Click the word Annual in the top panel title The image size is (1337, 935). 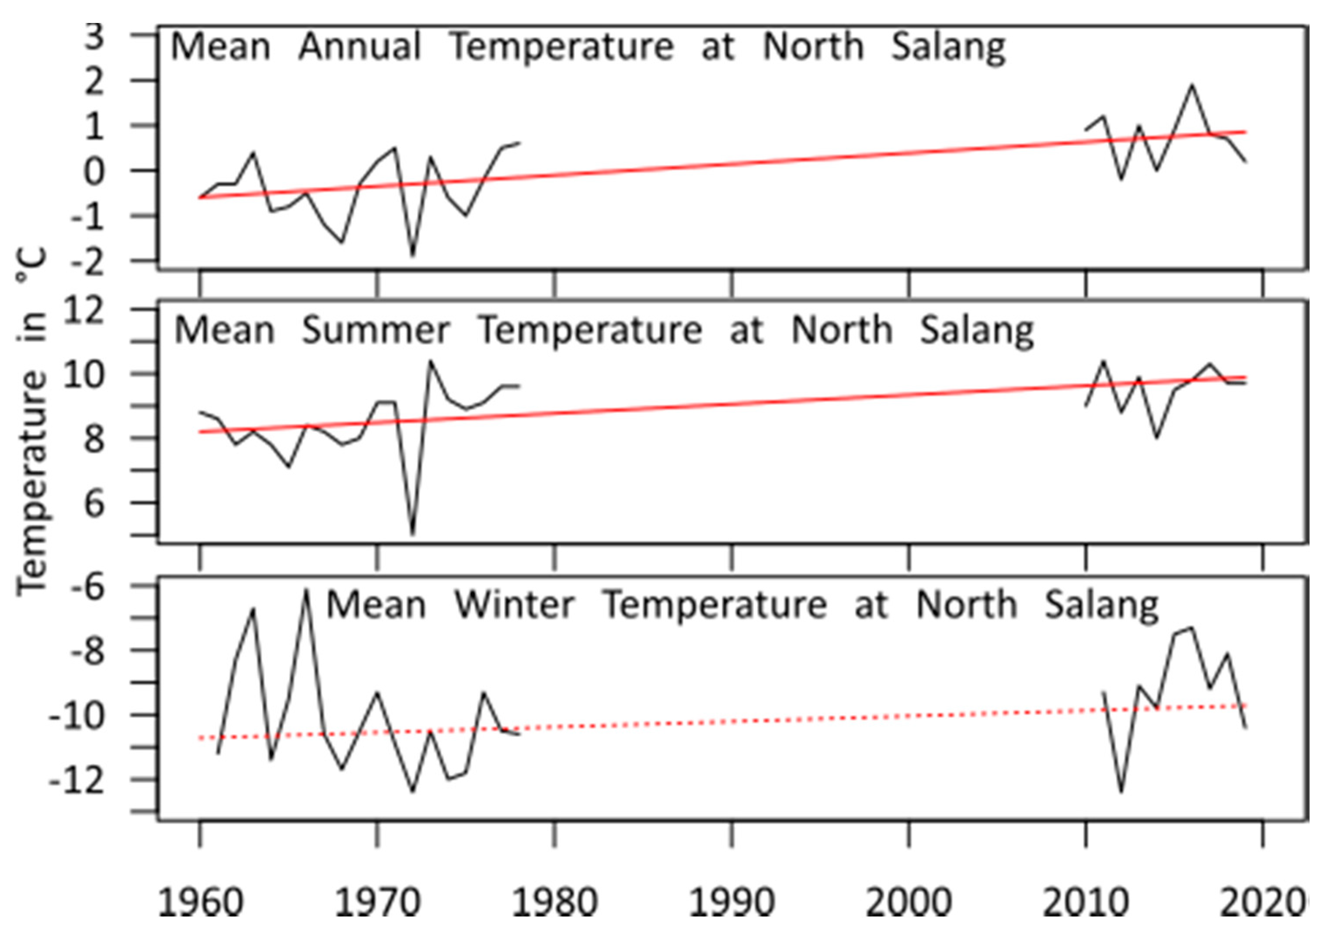coord(359,47)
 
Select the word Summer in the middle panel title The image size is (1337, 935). coord(376,331)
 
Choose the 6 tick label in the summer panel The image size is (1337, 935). coord(94,503)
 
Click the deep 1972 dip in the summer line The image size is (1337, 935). coord(413,532)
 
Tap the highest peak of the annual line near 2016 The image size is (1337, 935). coord(1192,86)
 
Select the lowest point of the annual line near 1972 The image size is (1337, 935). coord(413,255)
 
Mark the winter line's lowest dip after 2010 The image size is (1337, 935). coord(1122,791)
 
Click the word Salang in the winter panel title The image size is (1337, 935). coord(1101,605)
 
